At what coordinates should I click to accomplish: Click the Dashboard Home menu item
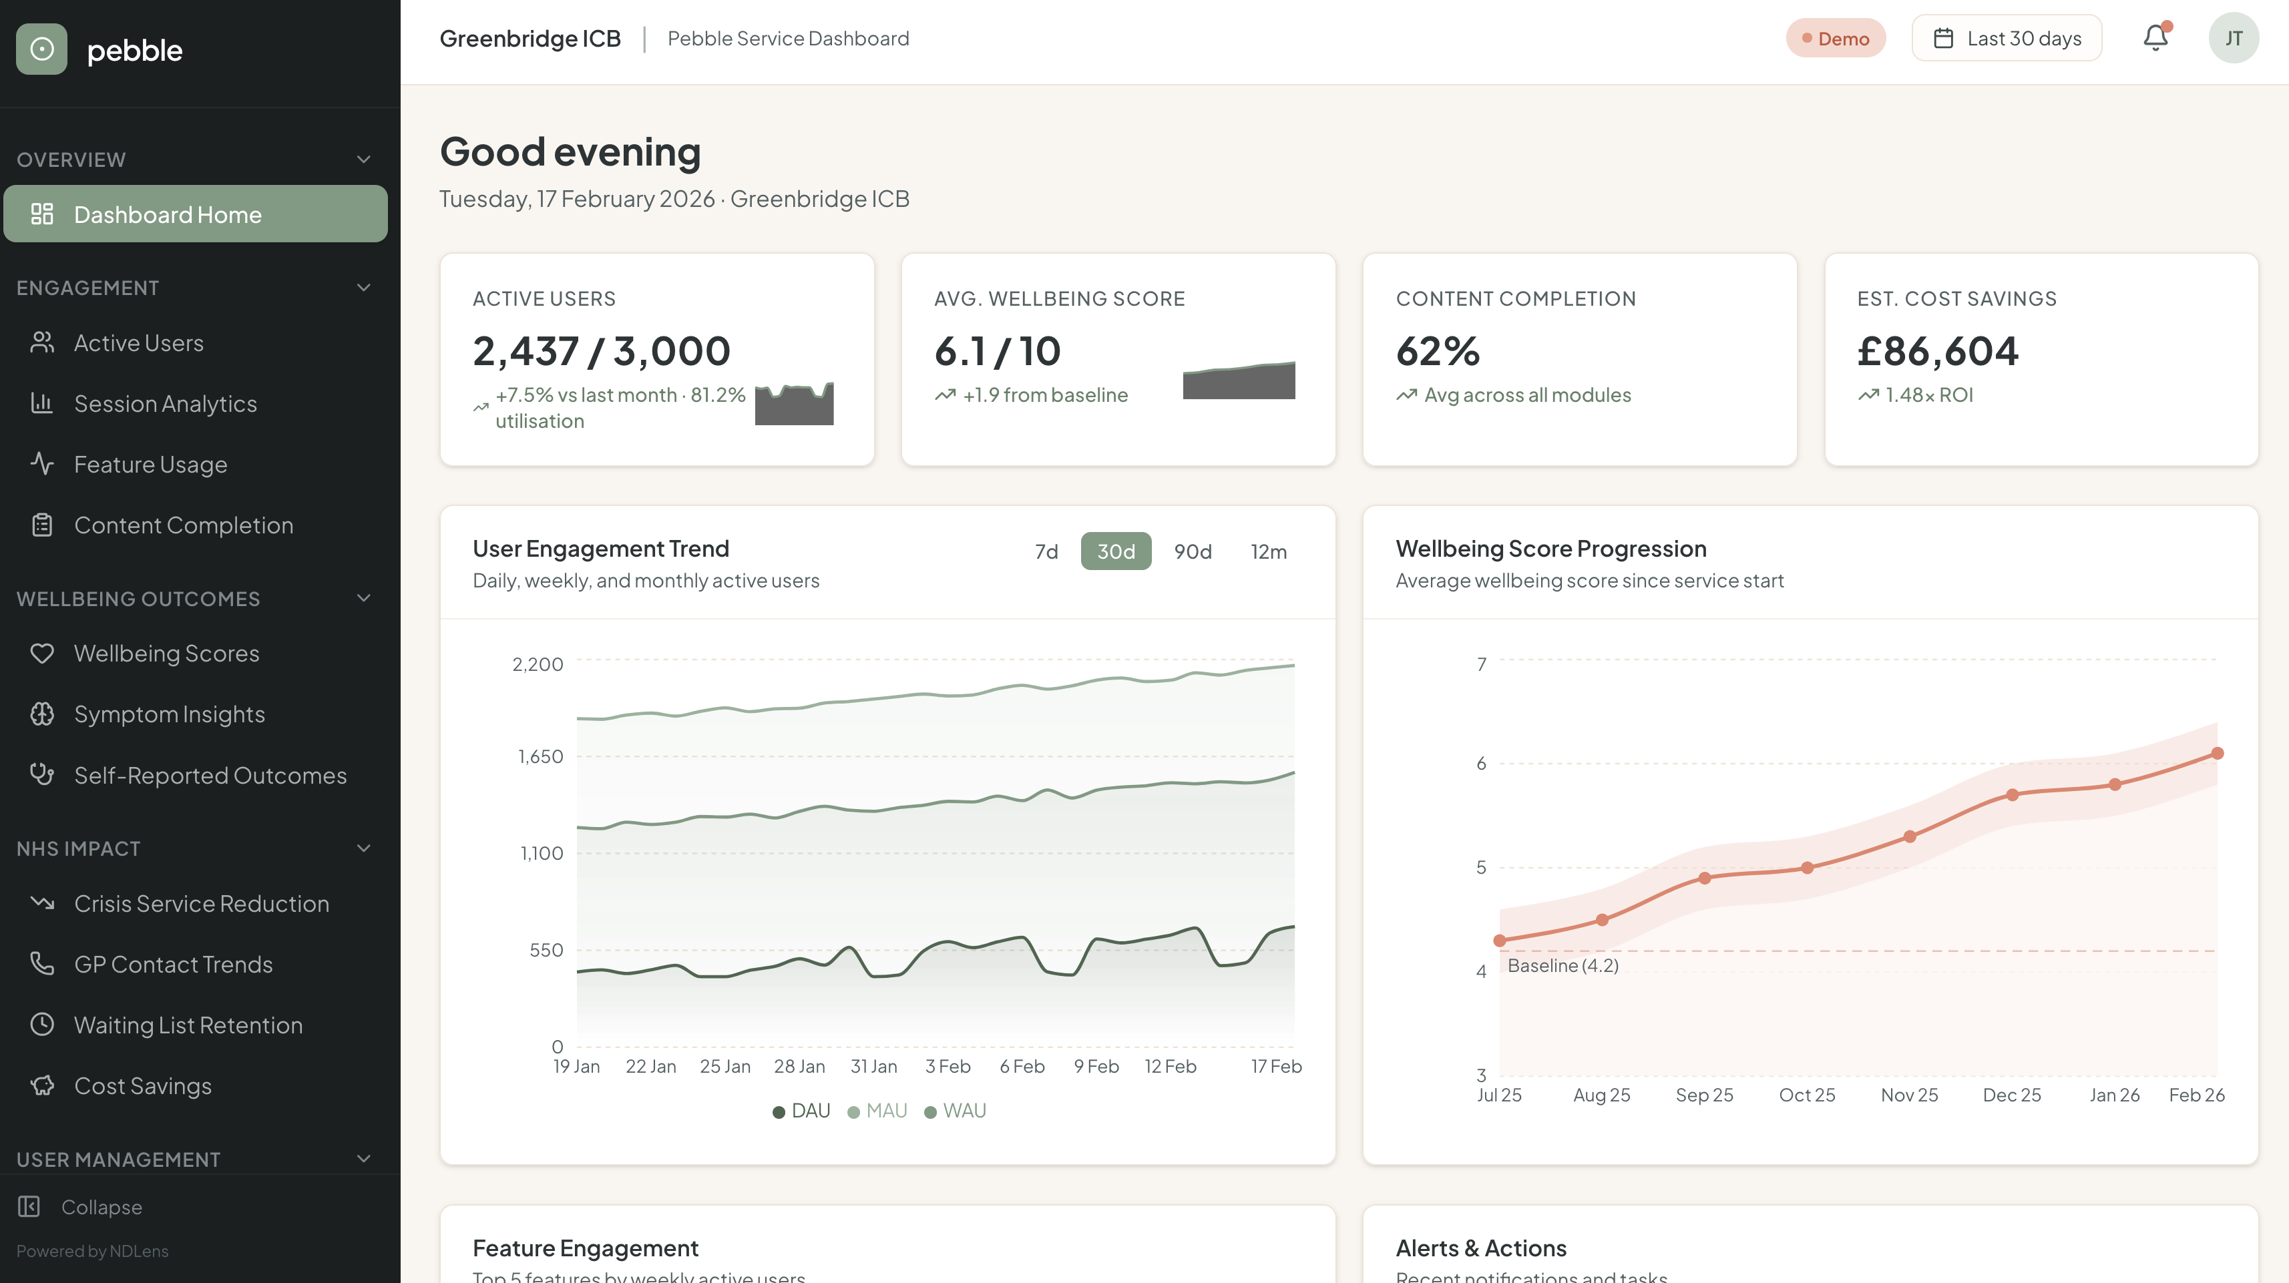coord(196,214)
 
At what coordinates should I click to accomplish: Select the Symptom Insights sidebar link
coord(169,714)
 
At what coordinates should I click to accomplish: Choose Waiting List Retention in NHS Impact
coord(188,1025)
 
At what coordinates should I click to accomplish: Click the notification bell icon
coord(2155,38)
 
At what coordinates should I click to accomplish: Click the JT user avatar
coord(2233,38)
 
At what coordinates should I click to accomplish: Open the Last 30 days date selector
coord(2007,38)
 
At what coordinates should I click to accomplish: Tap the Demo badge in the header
coord(1835,38)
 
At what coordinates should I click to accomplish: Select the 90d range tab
coord(1193,552)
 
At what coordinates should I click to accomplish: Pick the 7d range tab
coord(1046,552)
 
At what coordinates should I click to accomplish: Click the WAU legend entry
coord(956,1111)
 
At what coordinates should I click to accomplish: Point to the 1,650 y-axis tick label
coord(540,757)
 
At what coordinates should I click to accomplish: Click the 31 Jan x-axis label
coord(873,1066)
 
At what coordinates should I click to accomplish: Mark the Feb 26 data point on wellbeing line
coord(2217,754)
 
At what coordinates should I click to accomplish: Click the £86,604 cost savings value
coord(1937,351)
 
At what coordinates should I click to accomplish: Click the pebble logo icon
coord(42,50)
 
